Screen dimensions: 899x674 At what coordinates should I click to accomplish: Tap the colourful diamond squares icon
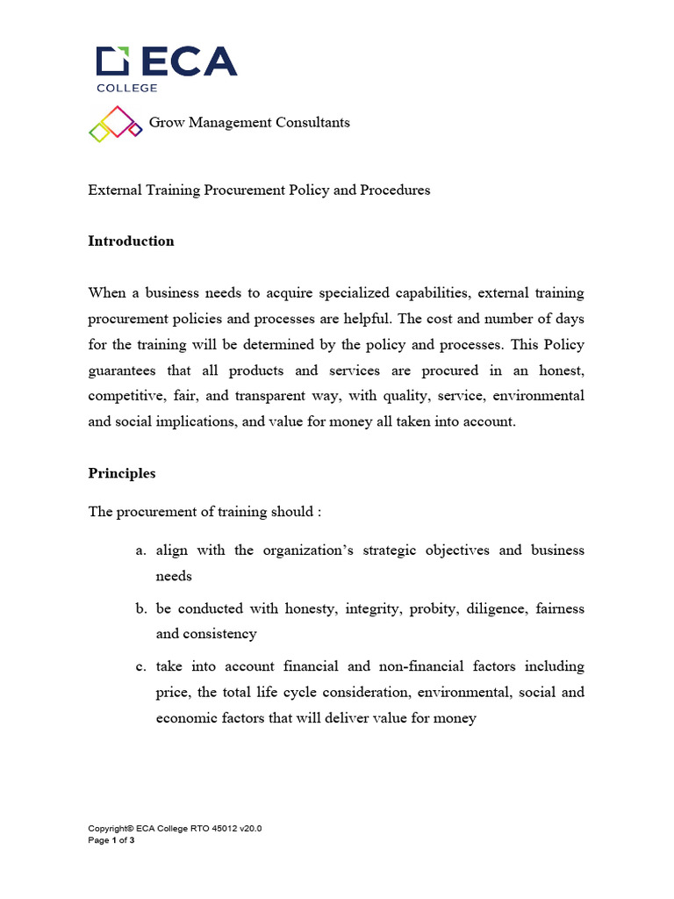pos(115,123)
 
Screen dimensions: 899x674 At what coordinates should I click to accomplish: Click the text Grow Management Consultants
pos(249,123)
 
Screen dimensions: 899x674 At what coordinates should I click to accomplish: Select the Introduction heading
pos(131,241)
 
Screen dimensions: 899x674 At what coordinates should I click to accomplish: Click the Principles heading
pos(122,473)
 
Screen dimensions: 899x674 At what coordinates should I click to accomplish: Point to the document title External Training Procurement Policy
pos(259,190)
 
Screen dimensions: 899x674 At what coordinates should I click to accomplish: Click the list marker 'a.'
pos(140,550)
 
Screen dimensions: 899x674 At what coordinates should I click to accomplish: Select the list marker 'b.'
pos(140,608)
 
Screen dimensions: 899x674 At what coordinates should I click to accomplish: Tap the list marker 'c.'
pos(140,666)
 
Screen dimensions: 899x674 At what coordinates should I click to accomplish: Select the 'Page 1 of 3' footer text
pos(111,840)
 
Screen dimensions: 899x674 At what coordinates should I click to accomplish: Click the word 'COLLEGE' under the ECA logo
pos(126,87)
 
